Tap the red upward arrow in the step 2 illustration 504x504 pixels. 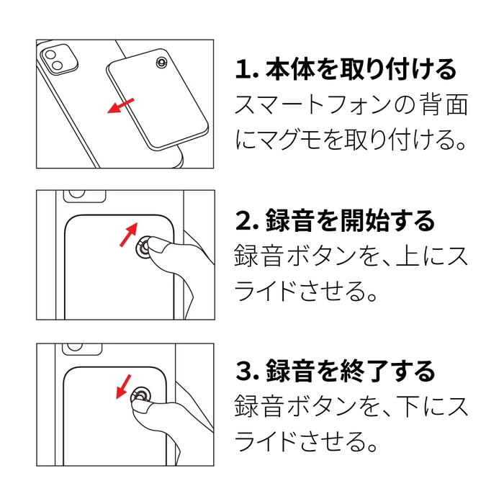click(127, 234)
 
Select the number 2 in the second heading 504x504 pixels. click(243, 221)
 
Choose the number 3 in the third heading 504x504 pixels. click(243, 372)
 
